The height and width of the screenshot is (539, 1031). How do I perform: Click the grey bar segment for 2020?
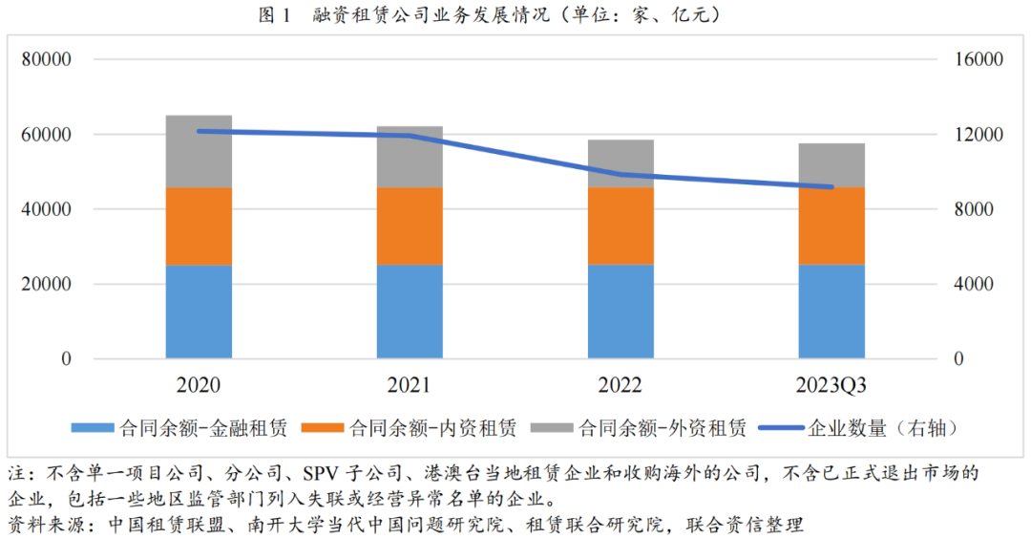(199, 151)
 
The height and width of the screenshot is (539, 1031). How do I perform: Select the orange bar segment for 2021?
(410, 226)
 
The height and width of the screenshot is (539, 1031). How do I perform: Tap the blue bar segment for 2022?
(621, 312)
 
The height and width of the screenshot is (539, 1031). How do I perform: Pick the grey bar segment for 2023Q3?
(831, 165)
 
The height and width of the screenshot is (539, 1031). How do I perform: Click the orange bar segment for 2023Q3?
(831, 226)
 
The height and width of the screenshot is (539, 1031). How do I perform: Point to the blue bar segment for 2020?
(199, 312)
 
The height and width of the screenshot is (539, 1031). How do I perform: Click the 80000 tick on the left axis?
(48, 59)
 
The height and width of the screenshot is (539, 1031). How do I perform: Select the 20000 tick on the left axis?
(48, 284)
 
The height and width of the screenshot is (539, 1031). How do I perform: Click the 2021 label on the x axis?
(409, 386)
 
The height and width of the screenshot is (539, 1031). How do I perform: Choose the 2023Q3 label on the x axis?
(831, 386)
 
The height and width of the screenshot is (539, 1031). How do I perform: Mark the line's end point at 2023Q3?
(831, 187)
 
